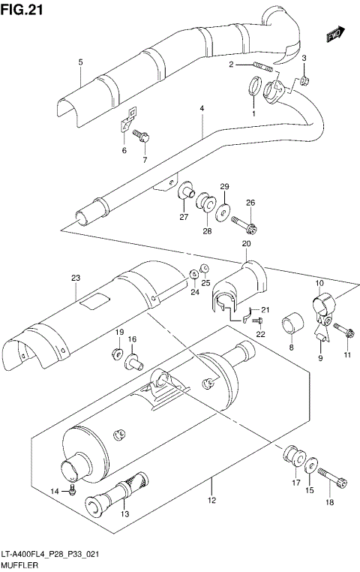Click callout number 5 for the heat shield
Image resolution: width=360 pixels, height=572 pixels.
pyautogui.click(x=79, y=63)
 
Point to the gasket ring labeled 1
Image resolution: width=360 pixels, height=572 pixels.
pyautogui.click(x=254, y=92)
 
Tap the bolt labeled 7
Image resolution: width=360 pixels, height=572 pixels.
pyautogui.click(x=142, y=136)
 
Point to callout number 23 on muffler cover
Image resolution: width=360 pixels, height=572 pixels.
pyautogui.click(x=75, y=278)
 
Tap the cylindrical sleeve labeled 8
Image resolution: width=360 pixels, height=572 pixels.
pyautogui.click(x=291, y=327)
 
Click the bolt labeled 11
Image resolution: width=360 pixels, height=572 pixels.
pyautogui.click(x=344, y=330)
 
